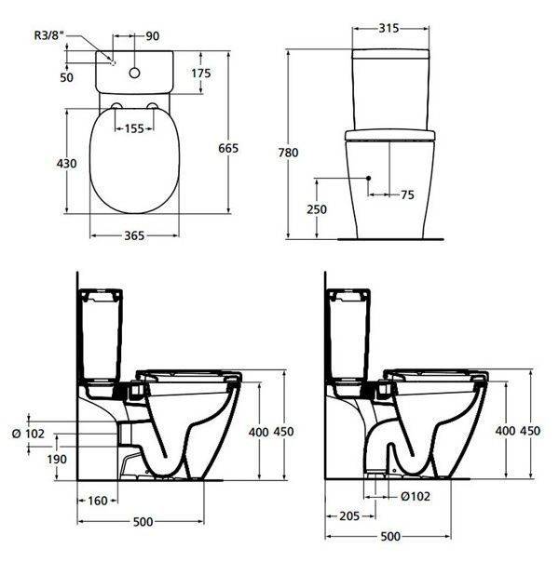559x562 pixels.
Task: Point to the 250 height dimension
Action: (316, 209)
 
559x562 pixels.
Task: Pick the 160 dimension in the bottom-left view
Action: (95, 501)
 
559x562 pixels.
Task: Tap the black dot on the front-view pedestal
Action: (370, 177)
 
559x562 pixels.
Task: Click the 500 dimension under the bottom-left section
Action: (142, 521)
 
